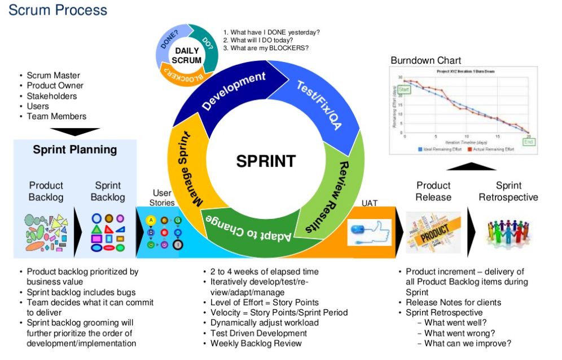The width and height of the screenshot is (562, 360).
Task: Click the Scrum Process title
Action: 58,10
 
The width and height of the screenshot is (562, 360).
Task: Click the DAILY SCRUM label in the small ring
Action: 186,55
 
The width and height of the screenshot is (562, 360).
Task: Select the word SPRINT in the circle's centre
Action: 265,161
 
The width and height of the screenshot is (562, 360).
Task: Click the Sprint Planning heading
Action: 74,150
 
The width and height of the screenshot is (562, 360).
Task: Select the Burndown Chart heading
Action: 425,60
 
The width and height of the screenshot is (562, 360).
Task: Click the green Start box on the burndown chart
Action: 404,89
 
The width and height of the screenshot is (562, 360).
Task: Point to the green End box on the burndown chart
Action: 529,142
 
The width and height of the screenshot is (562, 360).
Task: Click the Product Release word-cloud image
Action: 433,231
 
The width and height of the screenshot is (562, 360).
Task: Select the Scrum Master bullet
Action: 54,76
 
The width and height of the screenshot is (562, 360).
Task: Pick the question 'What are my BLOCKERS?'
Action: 266,48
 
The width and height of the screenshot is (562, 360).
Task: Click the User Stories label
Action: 162,198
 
